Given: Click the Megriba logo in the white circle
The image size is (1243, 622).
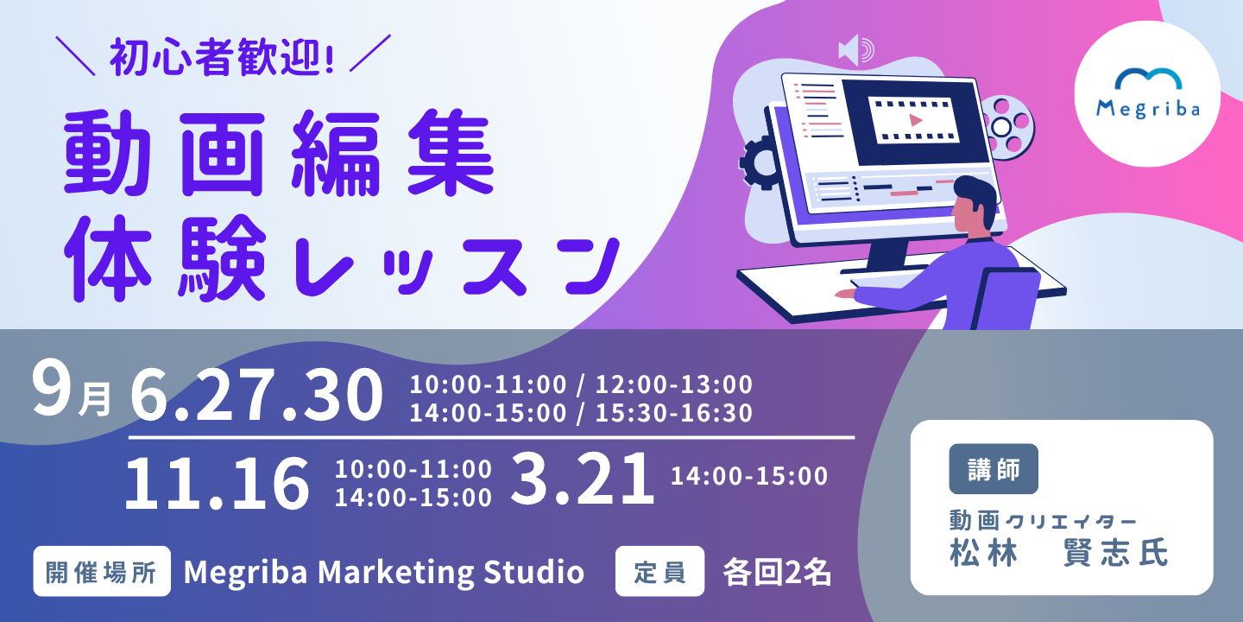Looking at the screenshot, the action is [1148, 93].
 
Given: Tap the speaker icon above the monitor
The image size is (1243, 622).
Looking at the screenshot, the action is [855, 50].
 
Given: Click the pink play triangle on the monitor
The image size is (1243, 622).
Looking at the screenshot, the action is [915, 120].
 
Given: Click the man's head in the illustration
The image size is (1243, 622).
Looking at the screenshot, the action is [974, 206].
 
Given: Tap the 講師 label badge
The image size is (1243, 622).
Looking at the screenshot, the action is [994, 469].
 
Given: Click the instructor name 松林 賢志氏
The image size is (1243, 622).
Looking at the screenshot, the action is [1059, 552].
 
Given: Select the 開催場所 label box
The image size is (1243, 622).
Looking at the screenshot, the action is [102, 571].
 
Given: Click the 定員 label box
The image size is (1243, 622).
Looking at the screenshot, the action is [659, 571].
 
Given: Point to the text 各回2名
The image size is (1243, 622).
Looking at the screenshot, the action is [777, 572].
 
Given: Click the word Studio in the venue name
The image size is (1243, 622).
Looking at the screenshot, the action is [533, 572].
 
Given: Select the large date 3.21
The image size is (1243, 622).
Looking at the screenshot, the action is [582, 479].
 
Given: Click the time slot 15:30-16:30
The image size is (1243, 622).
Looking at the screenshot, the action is [673, 413].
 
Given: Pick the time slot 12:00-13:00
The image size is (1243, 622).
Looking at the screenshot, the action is [673, 384].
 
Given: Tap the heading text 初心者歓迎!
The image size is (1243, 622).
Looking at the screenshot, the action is [222, 58].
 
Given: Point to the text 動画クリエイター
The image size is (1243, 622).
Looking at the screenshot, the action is [1043, 521].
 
